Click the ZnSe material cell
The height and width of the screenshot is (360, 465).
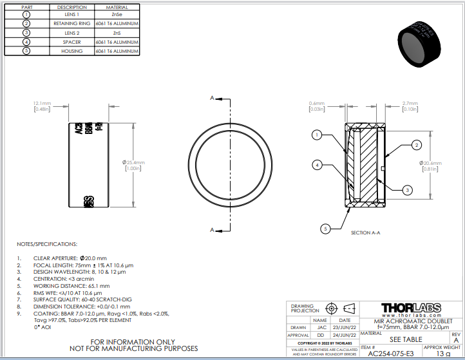point(116,14)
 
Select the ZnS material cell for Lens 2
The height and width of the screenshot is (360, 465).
point(116,32)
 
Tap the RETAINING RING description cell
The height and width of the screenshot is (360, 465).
point(71,23)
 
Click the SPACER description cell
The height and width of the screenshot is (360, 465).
point(71,41)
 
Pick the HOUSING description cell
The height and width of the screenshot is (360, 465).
point(71,50)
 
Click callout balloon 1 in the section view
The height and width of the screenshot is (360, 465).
point(317,135)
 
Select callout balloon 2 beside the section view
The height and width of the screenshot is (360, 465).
point(417,145)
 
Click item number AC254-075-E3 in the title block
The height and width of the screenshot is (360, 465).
point(390,353)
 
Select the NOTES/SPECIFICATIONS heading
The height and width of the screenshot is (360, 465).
point(47,244)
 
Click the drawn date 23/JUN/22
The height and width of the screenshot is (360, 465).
point(345,327)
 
